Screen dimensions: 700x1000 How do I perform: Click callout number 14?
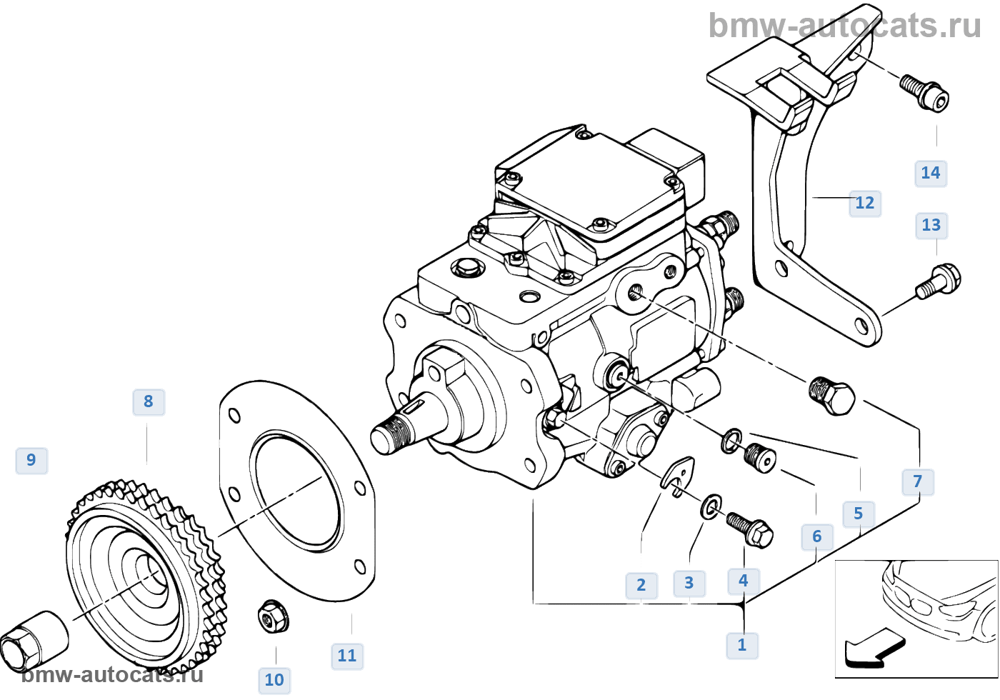(931, 173)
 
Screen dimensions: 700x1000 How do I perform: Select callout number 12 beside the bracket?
(864, 203)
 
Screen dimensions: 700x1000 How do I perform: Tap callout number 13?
(931, 226)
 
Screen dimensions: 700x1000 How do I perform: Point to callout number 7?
(918, 481)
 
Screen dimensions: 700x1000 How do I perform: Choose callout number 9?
(31, 460)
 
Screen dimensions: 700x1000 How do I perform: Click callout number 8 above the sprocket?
(148, 401)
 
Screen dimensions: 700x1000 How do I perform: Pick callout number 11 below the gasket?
(346, 656)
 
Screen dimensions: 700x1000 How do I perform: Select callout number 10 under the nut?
(274, 680)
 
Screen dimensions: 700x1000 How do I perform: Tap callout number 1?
(742, 645)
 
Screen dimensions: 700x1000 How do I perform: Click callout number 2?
(641, 586)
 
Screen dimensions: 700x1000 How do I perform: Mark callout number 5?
(858, 514)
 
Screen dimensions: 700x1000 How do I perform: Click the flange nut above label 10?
(272, 616)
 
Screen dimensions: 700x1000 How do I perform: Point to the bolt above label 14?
(925, 92)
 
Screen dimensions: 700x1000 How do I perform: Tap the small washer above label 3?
(710, 507)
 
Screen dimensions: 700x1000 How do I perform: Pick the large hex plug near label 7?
(832, 395)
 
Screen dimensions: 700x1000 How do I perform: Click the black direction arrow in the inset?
(873, 648)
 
